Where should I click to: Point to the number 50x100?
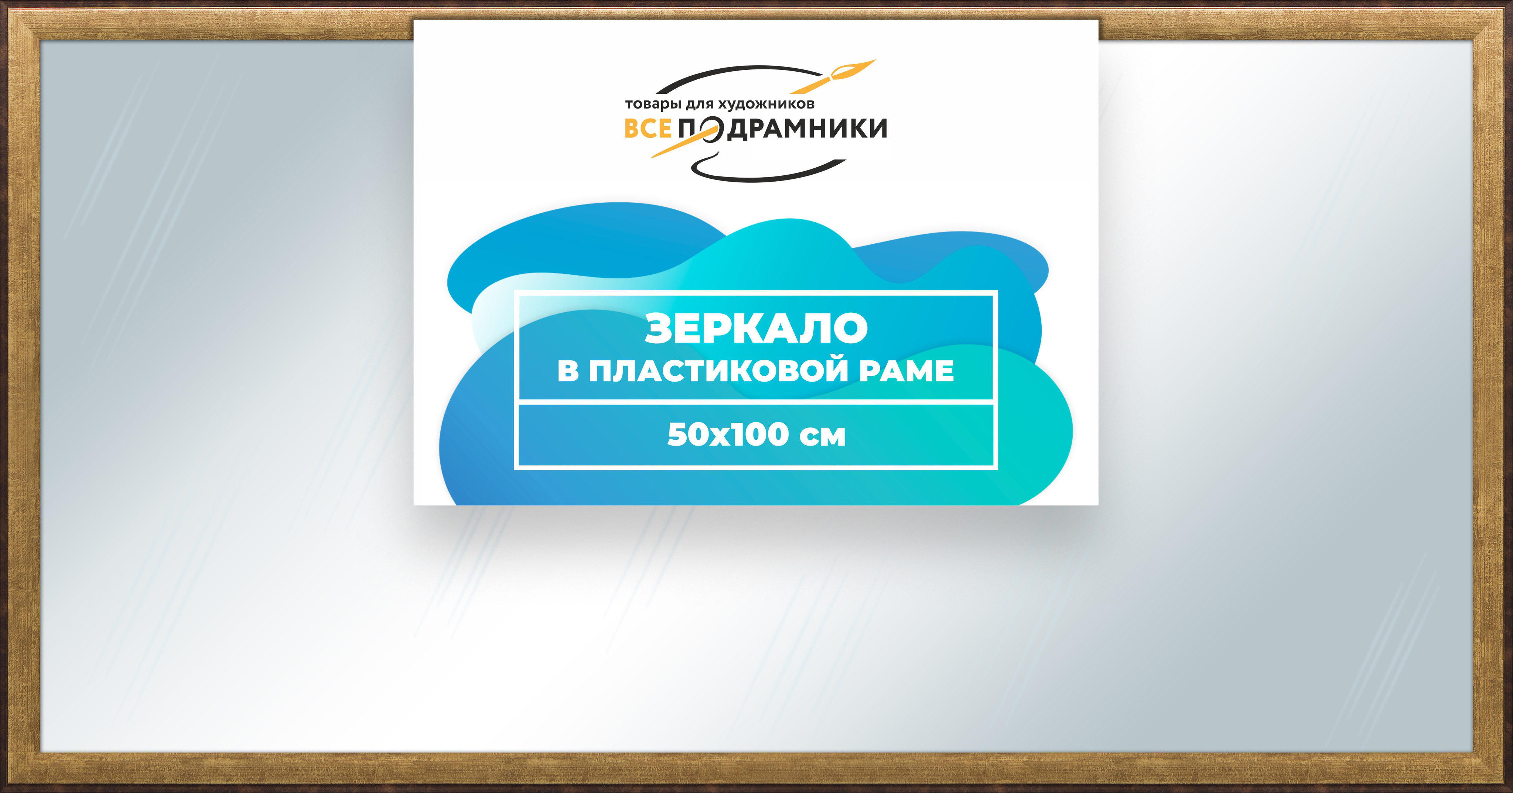pyautogui.click(x=728, y=435)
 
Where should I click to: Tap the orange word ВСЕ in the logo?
pyautogui.click(x=647, y=128)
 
